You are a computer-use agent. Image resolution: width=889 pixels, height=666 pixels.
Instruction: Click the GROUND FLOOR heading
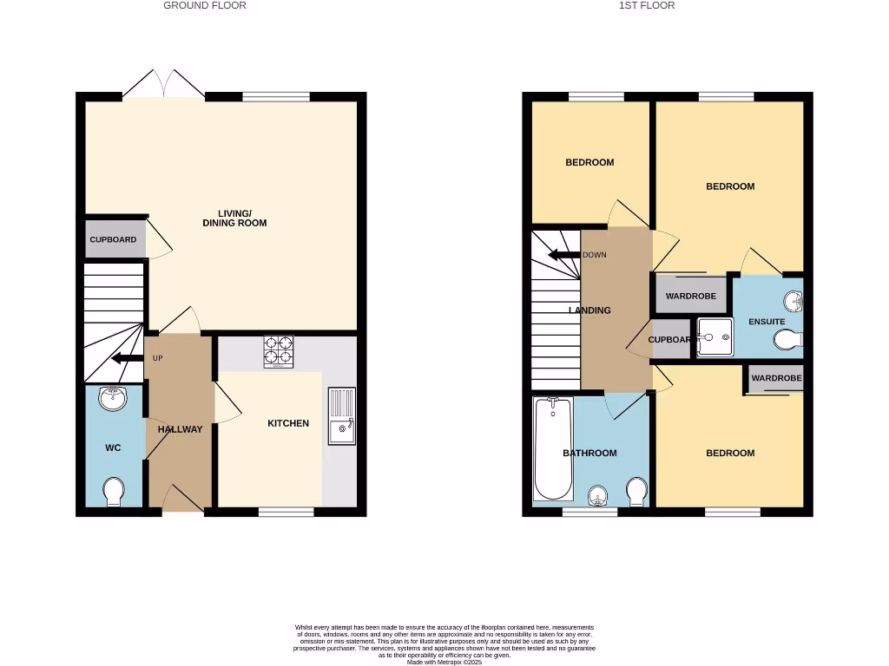(205, 5)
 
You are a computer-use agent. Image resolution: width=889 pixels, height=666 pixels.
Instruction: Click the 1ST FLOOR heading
(647, 5)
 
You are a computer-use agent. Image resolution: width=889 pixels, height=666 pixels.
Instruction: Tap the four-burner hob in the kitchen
(278, 350)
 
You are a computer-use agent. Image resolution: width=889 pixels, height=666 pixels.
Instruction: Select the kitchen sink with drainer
(342, 417)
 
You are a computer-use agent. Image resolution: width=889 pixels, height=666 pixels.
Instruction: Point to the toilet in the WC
(114, 492)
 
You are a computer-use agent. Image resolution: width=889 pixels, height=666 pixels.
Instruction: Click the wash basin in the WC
(113, 398)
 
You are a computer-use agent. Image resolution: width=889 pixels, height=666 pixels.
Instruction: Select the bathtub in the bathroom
(553, 448)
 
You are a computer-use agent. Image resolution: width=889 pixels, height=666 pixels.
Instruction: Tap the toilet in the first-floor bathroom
(636, 491)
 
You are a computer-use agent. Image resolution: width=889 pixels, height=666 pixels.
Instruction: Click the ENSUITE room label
(767, 322)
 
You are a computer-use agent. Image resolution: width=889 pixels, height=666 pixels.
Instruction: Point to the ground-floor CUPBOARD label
(113, 239)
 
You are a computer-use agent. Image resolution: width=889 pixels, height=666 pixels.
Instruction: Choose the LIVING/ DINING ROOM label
(234, 218)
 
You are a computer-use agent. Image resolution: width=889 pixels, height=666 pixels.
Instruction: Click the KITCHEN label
(288, 423)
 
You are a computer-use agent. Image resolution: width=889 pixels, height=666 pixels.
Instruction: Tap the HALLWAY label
(180, 429)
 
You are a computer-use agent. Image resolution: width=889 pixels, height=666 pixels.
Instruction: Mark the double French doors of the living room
(163, 84)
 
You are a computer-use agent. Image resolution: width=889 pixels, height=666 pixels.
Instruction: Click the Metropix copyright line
(444, 662)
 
